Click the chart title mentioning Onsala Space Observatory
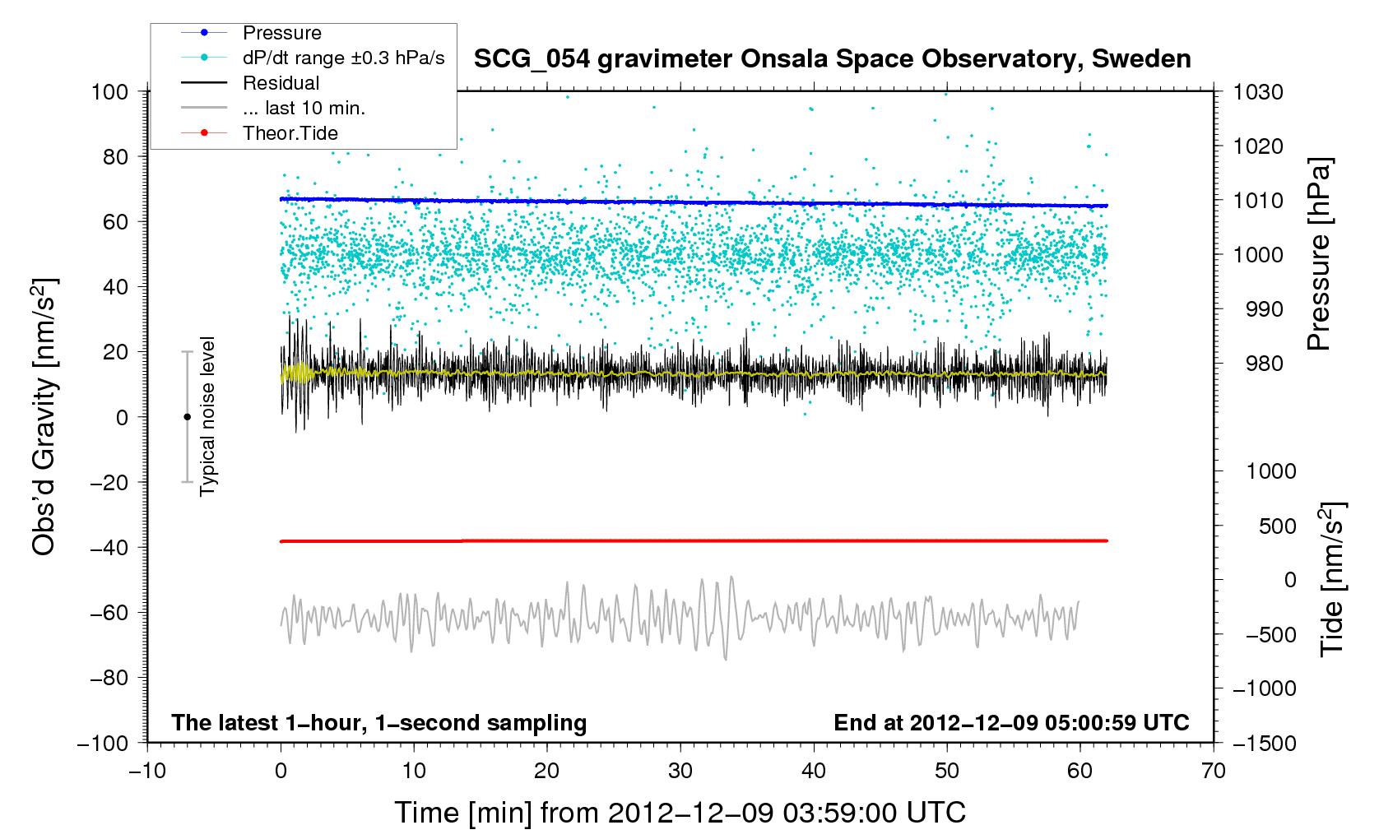click(832, 59)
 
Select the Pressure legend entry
click(281, 33)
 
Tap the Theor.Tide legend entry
click(290, 133)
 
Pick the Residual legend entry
click(281, 83)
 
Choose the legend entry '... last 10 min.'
click(304, 108)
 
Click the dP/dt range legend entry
click(343, 58)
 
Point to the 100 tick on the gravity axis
click(110, 91)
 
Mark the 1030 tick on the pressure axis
click(1258, 92)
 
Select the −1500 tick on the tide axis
click(1264, 743)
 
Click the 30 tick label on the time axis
click(680, 771)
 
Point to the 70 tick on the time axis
click(1213, 771)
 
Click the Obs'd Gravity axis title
click(44, 416)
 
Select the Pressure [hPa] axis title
click(1319, 254)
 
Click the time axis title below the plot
click(680, 813)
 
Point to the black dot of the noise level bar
click(187, 417)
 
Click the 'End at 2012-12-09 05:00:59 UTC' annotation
click(1011, 723)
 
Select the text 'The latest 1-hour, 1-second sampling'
click(379, 723)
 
